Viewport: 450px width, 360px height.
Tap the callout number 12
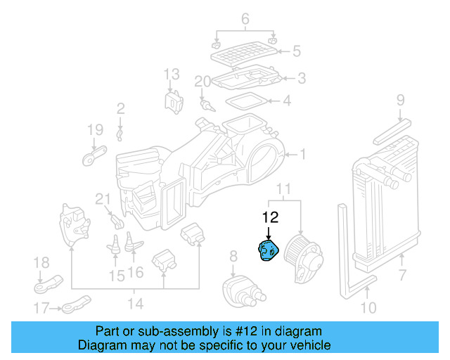pyautogui.click(x=270, y=218)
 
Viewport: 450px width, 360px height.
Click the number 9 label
pyautogui.click(x=400, y=100)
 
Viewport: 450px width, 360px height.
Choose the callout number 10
pyautogui.click(x=368, y=307)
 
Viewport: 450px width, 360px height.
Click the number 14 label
pyautogui.click(x=135, y=304)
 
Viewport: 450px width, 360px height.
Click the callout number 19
pyautogui.click(x=95, y=129)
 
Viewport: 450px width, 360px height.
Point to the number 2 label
pyautogui.click(x=120, y=108)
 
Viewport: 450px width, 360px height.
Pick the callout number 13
pyautogui.click(x=172, y=74)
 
